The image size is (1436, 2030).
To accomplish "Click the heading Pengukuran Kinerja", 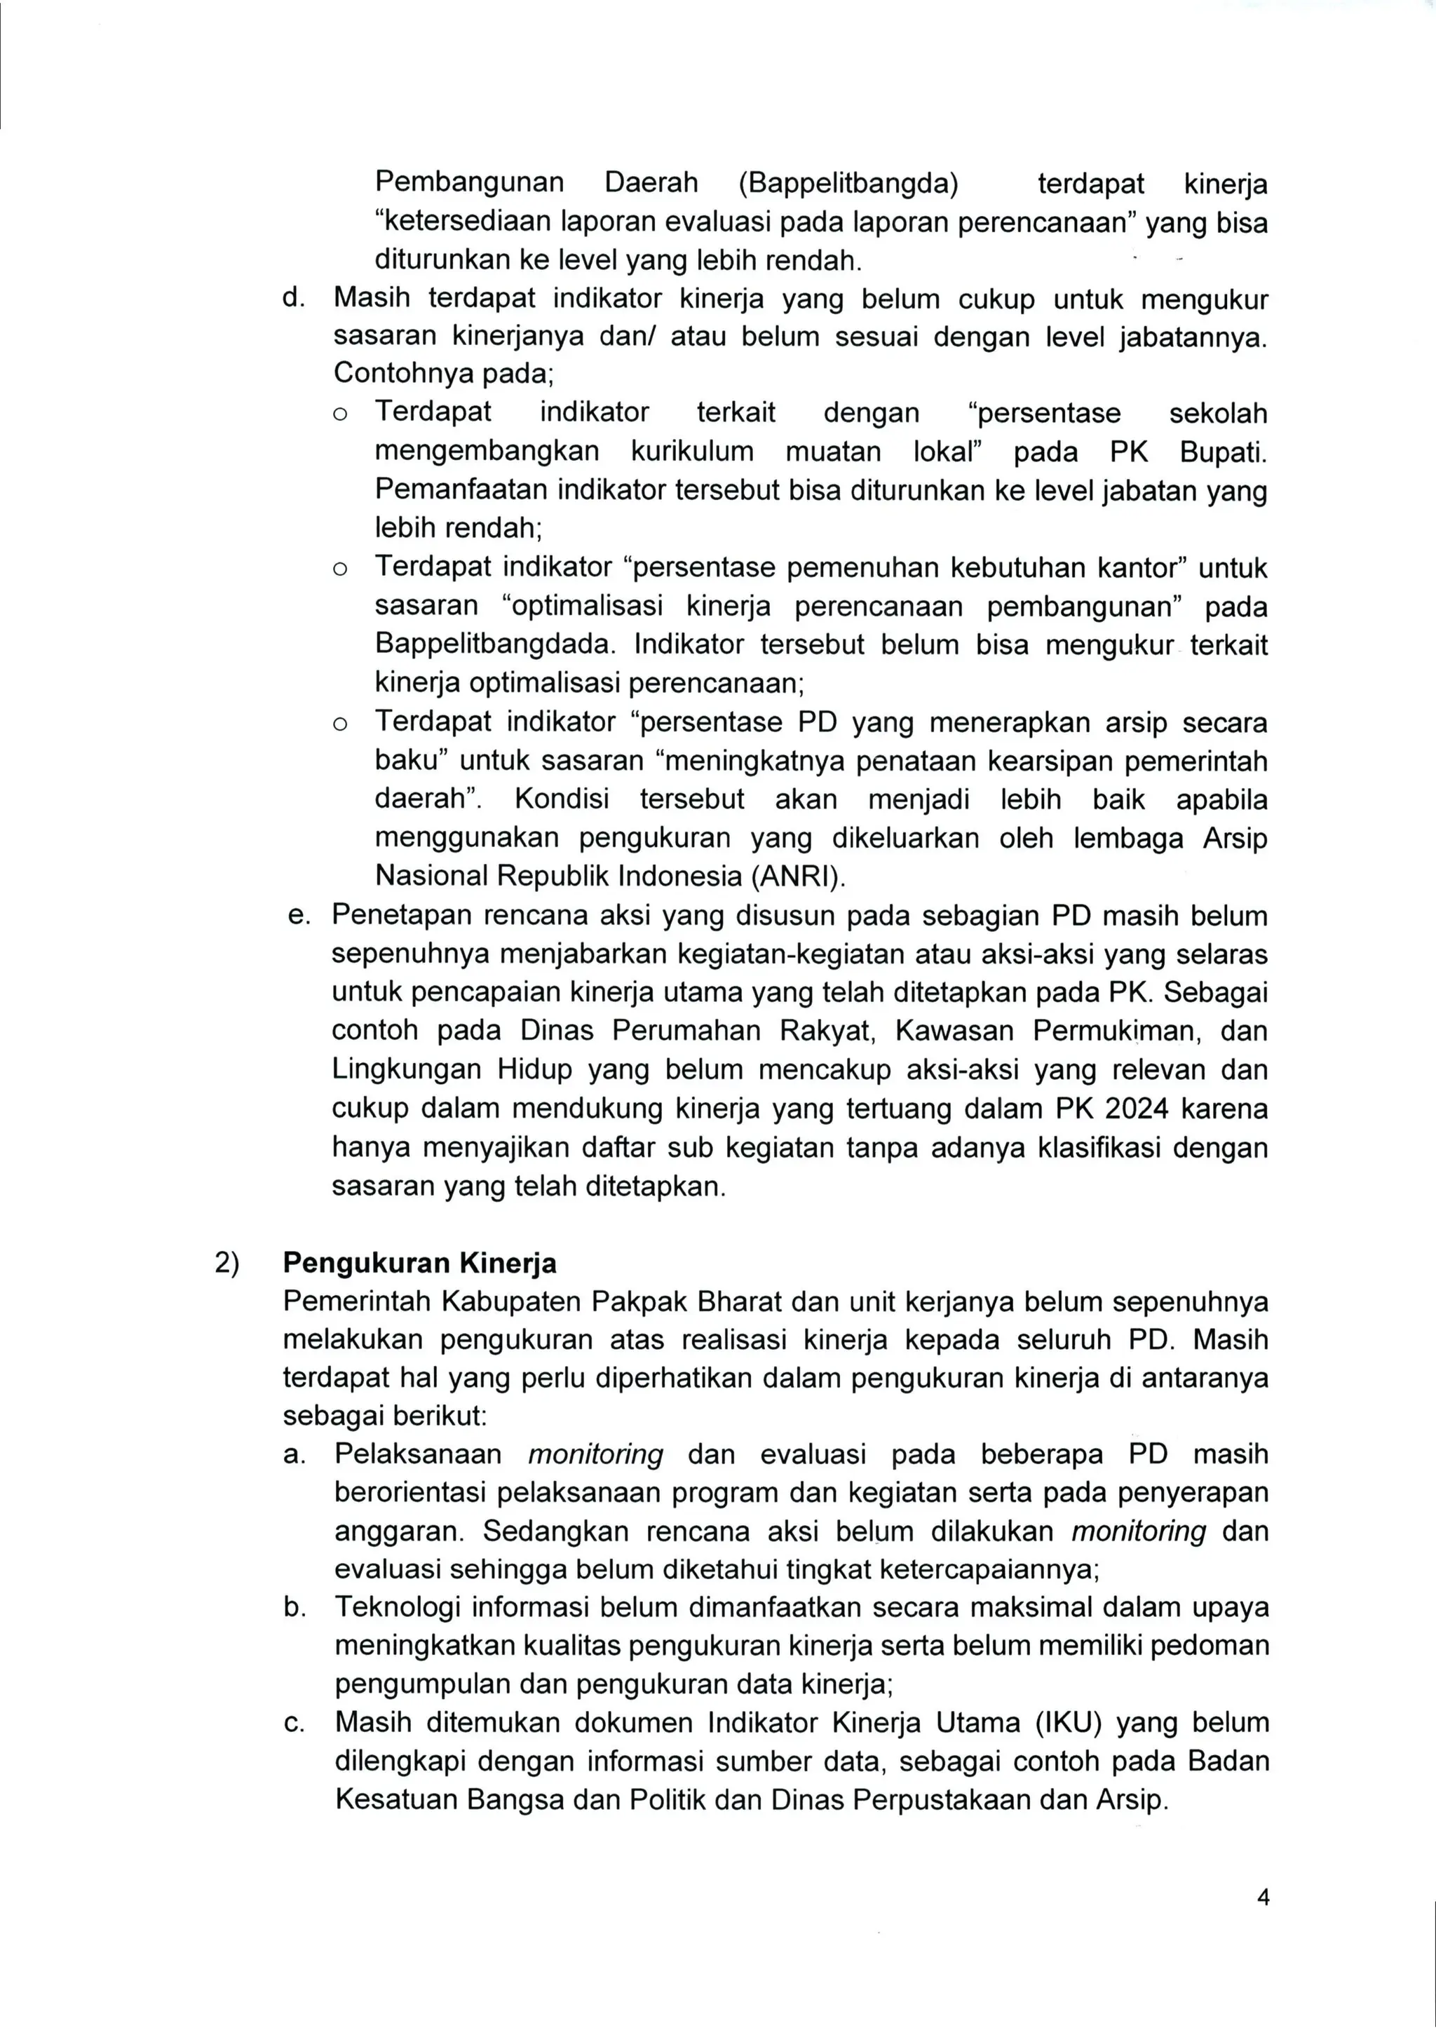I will click(419, 1263).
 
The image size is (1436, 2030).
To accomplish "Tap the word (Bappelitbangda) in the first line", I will click(848, 183).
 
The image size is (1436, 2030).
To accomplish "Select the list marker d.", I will click(292, 298).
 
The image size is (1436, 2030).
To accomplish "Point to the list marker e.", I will click(298, 915).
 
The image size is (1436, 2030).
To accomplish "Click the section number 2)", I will click(227, 1263).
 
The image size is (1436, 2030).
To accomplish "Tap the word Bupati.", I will click(1223, 452).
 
